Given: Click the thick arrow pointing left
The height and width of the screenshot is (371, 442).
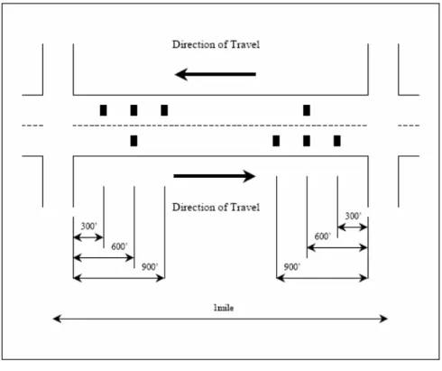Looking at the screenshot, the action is tap(216, 74).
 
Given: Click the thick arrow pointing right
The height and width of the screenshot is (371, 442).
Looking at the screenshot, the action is tap(215, 176).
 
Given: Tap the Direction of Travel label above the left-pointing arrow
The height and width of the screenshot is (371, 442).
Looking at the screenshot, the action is tap(216, 44).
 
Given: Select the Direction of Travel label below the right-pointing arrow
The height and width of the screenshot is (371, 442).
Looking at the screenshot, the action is tap(216, 208).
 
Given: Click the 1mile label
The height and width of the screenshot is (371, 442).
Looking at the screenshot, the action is tap(224, 308).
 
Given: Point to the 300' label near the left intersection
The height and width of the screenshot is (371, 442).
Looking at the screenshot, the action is tap(89, 226).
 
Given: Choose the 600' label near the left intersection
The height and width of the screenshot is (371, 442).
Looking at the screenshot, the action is tap(119, 246).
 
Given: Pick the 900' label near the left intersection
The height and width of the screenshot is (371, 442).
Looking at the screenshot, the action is tap(150, 267).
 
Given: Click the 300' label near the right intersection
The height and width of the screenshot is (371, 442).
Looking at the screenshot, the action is tap(354, 216).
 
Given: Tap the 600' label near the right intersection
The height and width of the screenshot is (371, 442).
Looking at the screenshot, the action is tap(323, 237).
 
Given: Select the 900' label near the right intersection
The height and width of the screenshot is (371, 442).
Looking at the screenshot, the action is tap(292, 267).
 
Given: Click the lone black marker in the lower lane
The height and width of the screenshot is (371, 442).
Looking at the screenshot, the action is tap(134, 141).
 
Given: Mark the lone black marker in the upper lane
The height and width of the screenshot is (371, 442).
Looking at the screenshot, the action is tap(307, 110).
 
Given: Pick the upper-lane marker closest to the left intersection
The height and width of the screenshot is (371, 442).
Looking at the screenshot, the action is tap(104, 110).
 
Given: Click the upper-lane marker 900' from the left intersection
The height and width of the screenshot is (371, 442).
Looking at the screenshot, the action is tap(164, 110).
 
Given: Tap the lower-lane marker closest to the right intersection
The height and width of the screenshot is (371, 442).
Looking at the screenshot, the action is tap(337, 141).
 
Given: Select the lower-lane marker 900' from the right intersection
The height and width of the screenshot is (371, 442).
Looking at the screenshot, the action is tap(276, 141).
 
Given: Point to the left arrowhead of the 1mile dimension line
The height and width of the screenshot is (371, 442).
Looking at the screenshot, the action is tap(53, 319).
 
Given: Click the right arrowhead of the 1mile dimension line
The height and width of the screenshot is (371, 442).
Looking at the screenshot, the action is tap(387, 319).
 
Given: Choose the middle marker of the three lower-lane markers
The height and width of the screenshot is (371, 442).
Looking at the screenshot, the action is tap(307, 141).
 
